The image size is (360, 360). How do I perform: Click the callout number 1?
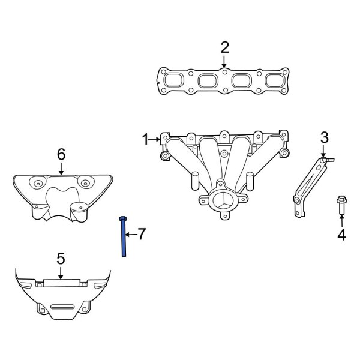(x=146, y=139)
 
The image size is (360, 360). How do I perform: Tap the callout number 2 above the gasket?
(x=225, y=47)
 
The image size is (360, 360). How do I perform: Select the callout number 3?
(x=325, y=138)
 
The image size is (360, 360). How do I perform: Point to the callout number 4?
(x=341, y=235)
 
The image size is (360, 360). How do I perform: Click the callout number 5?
(x=61, y=259)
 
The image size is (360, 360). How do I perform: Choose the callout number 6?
(x=61, y=154)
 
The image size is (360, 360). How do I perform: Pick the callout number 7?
(x=142, y=234)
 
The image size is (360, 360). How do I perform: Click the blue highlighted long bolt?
(x=123, y=236)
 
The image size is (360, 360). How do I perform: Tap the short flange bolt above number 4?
(x=341, y=205)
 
